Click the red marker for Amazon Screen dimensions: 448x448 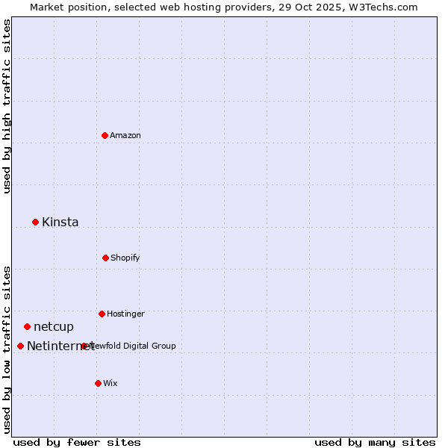tap(105, 135)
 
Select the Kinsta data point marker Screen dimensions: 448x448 tap(35, 222)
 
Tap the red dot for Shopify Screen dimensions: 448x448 tap(105, 258)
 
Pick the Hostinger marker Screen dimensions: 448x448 tap(102, 314)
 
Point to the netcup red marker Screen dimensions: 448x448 tap(27, 326)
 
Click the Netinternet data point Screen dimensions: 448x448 tap(20, 346)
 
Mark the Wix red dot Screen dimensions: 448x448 tap(98, 383)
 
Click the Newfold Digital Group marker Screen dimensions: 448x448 tap(84, 346)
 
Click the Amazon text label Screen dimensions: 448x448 tap(125, 135)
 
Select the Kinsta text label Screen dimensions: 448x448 tap(60, 222)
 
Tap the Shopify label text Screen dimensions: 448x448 tap(125, 258)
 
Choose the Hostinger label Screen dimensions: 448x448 tap(125, 314)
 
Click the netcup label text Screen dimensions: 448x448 tap(54, 326)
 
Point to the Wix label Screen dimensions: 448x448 tap(111, 383)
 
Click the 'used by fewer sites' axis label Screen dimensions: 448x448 tap(77, 442)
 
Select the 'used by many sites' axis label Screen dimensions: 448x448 tap(375, 442)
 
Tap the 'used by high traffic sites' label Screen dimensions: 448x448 tap(7, 106)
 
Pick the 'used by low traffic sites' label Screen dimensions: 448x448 tap(7, 349)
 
